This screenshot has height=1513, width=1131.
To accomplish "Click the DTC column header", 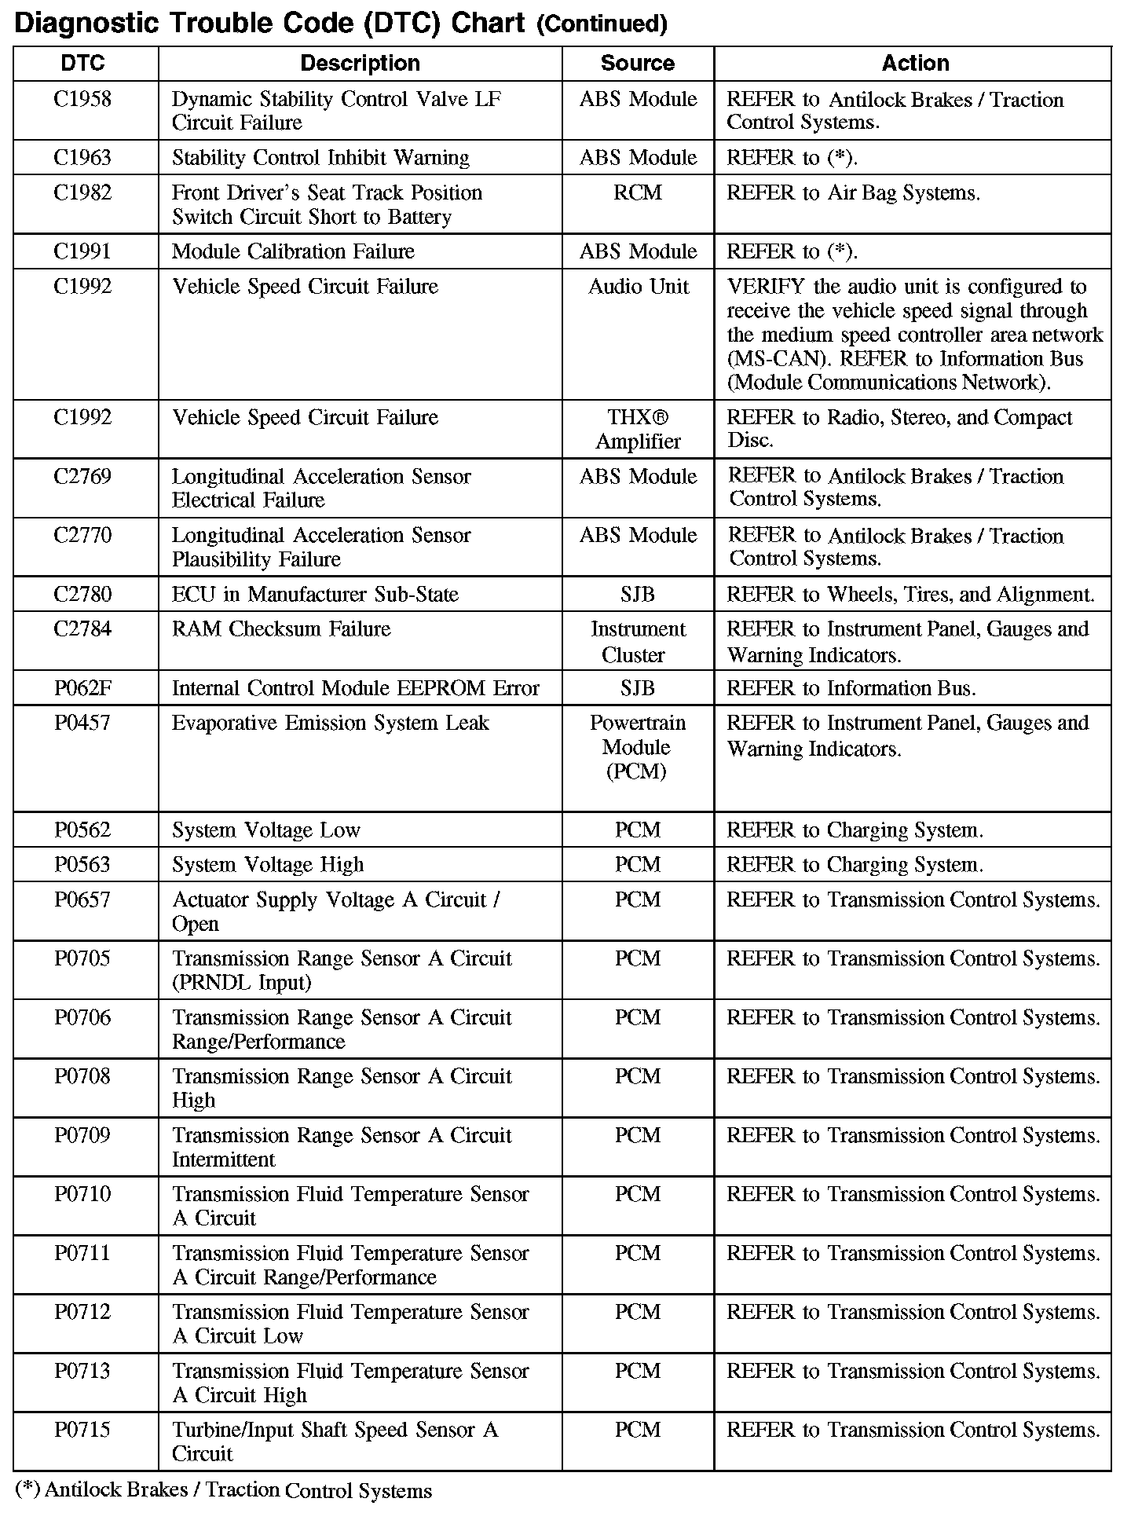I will (82, 64).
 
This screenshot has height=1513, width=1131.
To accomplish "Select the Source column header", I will (637, 64).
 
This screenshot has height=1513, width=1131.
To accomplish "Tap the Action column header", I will (915, 64).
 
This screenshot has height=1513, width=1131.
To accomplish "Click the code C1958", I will (82, 100).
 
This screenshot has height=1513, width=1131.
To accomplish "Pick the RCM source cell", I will (637, 193).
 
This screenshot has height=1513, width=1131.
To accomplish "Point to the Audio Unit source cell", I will (638, 287).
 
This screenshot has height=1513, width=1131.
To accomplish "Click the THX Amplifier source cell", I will (638, 430).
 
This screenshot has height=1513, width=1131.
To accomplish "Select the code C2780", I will (82, 595).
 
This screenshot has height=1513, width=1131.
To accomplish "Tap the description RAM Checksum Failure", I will (280, 629).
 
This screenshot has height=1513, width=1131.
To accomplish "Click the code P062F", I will (82, 689).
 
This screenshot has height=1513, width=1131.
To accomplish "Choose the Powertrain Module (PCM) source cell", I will (637, 747).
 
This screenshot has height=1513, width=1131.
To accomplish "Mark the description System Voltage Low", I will (265, 830).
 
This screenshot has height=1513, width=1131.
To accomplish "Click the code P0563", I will (82, 865).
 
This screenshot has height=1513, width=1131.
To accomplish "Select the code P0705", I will (82, 959).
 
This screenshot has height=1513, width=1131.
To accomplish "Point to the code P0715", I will (82, 1431).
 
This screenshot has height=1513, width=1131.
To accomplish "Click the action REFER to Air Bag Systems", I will (853, 193).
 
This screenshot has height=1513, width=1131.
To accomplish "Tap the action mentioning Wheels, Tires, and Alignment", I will (910, 595).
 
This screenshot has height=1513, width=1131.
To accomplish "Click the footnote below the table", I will (224, 1490).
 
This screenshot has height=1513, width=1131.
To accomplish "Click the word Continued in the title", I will (602, 25).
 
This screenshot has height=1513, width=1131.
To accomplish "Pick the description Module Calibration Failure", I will (293, 252).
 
